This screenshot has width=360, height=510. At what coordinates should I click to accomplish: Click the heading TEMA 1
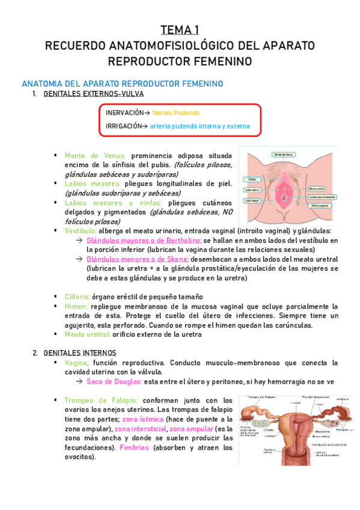tap(180, 30)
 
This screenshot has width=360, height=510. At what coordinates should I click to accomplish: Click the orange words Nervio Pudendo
tap(175, 112)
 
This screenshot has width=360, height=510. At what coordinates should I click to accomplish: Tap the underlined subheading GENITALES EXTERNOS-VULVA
tap(94, 94)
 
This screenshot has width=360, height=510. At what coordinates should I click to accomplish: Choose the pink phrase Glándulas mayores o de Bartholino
tap(135, 240)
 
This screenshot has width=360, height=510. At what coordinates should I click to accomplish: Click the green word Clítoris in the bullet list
tap(78, 296)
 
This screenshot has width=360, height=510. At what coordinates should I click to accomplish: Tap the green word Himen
tap(76, 306)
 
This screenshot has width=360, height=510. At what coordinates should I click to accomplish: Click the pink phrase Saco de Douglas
tap(114, 381)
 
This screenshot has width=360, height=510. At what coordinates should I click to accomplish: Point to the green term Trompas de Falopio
tap(100, 400)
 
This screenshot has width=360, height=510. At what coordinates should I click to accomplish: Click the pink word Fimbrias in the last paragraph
tap(135, 447)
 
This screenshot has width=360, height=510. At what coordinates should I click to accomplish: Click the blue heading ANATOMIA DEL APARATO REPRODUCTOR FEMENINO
tap(122, 83)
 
